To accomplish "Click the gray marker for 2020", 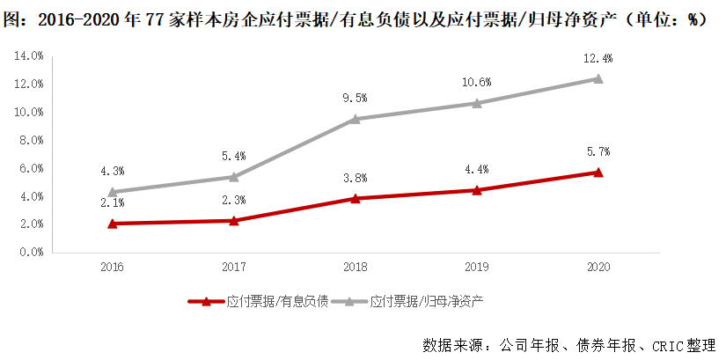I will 598,78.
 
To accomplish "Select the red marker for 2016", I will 112,224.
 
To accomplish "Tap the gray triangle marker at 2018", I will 355,119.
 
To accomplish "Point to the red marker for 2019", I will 477,190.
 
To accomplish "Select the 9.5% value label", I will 355,98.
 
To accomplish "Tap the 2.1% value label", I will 112,203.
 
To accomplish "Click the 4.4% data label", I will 477,169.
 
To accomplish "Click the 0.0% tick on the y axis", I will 32,252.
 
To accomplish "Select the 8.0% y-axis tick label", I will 32,140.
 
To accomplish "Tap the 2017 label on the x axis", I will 233,267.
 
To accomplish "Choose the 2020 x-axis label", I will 598,267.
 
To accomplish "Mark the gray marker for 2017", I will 233,177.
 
